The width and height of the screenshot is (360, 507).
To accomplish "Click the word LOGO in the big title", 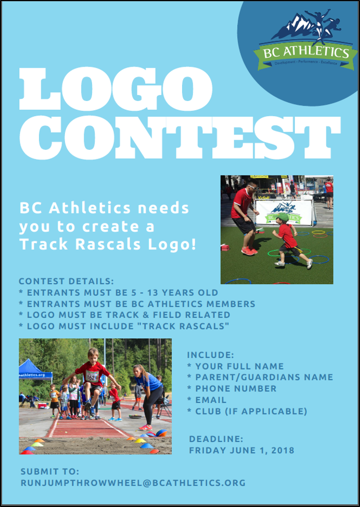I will tap(115, 90).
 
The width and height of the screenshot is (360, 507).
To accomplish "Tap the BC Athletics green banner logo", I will tap(305, 53).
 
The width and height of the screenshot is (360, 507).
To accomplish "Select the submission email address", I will tap(133, 483).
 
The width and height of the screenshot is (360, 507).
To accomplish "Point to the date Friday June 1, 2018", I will tap(241, 450).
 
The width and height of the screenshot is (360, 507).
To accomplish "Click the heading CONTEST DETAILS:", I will tap(66, 282).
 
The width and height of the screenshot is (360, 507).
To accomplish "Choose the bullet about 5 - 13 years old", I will tap(118, 293).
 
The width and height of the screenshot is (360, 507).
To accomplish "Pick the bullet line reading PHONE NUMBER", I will tap(232, 389).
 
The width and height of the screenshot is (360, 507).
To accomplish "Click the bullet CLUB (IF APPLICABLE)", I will tap(247, 412).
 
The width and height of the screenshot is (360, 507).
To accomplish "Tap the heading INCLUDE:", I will tap(211, 355).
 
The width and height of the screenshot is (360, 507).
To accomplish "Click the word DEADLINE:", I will tap(216, 439).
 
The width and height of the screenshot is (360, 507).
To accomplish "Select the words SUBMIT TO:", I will tap(50, 472).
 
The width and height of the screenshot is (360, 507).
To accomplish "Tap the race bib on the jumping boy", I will tap(92, 376).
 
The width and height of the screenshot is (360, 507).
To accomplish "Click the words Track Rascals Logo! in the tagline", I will tap(108, 244).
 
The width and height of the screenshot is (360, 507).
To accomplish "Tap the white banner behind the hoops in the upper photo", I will tap(284, 212).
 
